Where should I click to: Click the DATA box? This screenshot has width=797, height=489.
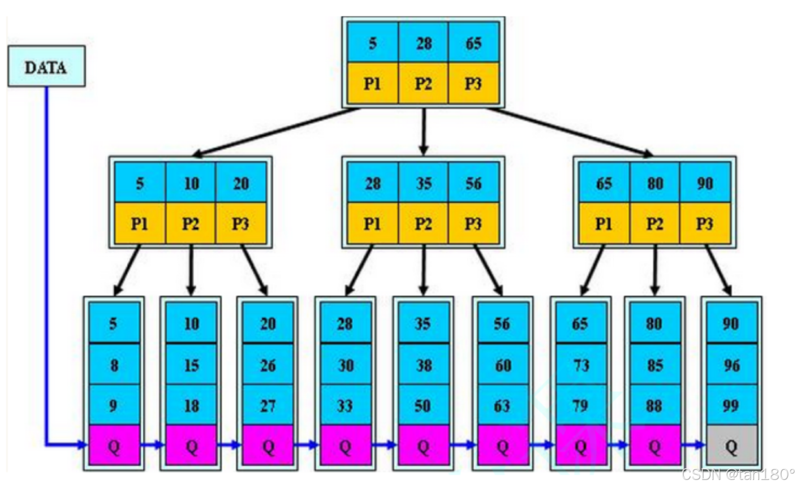[46, 67]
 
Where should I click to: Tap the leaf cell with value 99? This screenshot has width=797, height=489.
[731, 405]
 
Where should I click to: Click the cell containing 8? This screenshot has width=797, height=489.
[114, 365]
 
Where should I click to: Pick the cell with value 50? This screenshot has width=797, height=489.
[423, 405]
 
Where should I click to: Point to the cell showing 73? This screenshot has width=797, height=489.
[581, 365]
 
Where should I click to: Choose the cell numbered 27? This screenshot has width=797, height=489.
[268, 405]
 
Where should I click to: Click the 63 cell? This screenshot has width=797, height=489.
[502, 405]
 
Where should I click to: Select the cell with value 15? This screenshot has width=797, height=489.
[191, 365]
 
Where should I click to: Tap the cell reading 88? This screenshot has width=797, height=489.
[654, 405]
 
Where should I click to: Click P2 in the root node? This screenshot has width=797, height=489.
[423, 84]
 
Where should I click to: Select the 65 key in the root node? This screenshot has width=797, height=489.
[473, 43]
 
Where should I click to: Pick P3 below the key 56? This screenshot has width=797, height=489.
[473, 224]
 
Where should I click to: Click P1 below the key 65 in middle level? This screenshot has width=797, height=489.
[604, 224]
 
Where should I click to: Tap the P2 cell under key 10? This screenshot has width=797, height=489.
[191, 224]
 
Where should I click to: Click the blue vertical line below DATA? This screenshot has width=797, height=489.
[46, 254]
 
